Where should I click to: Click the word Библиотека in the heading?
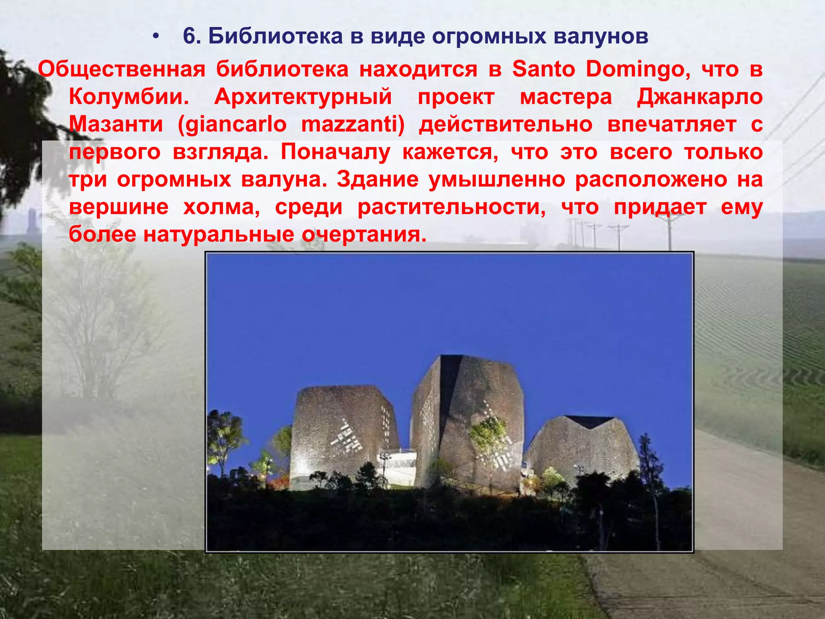click(275, 36)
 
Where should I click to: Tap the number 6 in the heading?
click(189, 36)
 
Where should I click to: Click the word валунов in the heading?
click(601, 36)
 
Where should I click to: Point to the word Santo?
click(543, 69)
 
